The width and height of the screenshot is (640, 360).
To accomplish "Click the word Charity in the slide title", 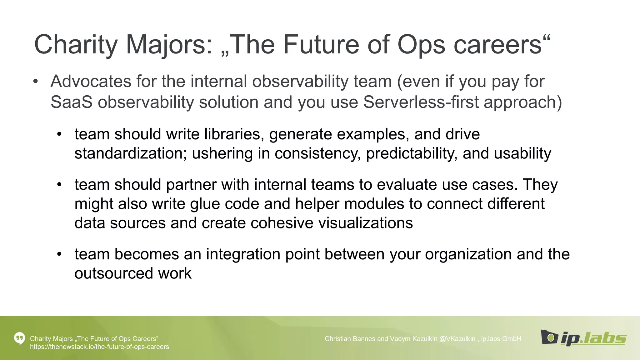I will coord(75,45).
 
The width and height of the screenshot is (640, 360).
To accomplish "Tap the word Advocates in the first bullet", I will coord(91,82).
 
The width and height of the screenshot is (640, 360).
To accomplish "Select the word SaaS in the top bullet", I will coord(71,102).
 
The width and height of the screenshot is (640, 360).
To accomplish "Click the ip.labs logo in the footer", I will coord(583,338).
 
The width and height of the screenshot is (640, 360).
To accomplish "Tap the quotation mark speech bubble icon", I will coord(19,338).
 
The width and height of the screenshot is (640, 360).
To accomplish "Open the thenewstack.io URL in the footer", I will coord(99,347).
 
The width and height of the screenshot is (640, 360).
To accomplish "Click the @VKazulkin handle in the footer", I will coord(457,339).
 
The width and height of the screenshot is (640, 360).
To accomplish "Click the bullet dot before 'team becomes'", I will coord(59,254).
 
